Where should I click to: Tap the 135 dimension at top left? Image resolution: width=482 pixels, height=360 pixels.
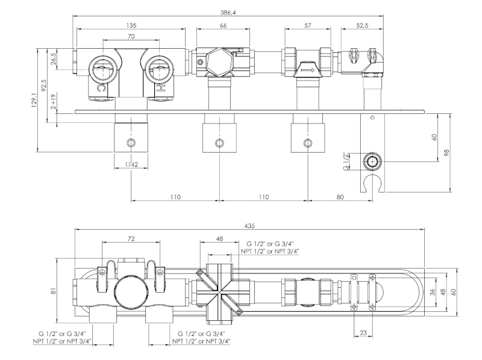[x=131, y=25]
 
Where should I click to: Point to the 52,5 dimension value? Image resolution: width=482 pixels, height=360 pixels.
[x=363, y=25]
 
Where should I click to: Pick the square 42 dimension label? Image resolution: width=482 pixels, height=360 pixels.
[x=131, y=164]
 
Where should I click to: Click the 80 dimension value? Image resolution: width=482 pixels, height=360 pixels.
[x=340, y=197]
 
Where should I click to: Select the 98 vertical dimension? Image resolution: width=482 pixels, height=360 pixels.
[x=446, y=153]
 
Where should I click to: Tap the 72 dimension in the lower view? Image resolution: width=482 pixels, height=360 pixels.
[x=131, y=239]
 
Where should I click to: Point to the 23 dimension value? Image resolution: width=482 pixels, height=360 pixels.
[x=363, y=332]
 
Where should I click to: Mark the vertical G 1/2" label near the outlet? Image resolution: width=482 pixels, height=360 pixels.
[x=346, y=161]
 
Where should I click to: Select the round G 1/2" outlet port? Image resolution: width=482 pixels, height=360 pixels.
[x=371, y=161]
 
